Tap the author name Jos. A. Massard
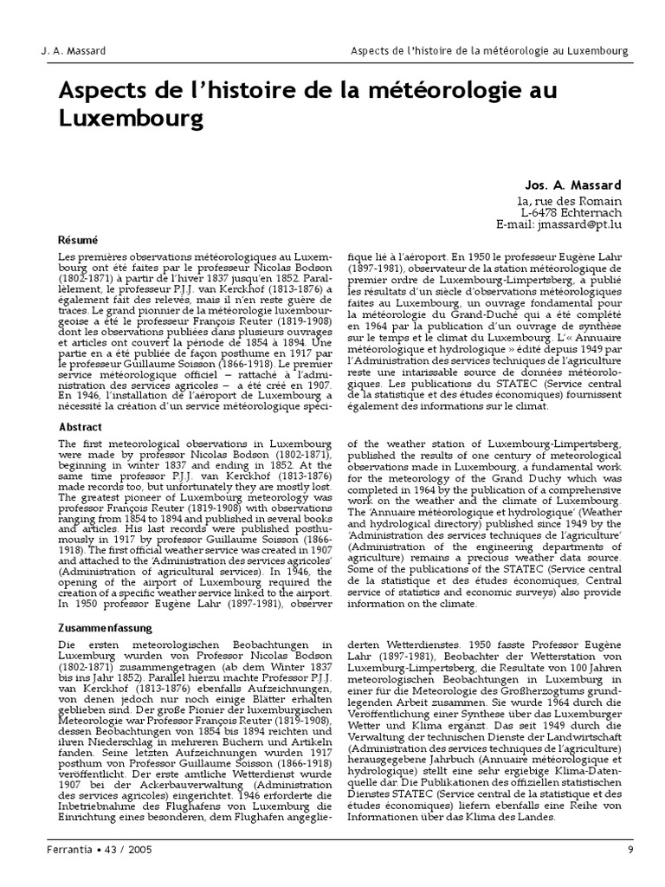573,185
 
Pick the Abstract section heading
80,428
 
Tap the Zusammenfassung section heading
105,628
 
